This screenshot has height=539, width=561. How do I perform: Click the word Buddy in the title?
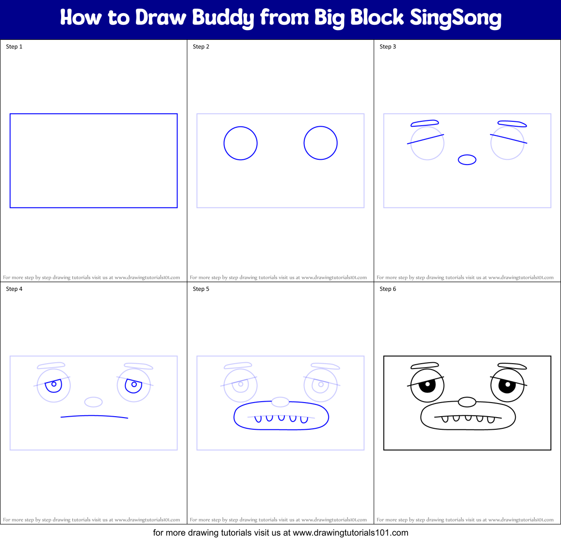(x=223, y=18)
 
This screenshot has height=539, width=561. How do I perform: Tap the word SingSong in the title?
(x=455, y=18)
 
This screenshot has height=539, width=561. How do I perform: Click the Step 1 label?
(x=14, y=47)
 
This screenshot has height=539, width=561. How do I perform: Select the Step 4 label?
(x=14, y=289)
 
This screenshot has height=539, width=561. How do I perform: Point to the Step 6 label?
(x=388, y=289)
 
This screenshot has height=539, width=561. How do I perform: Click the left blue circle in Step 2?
(x=240, y=143)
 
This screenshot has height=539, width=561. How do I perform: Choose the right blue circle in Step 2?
(x=320, y=143)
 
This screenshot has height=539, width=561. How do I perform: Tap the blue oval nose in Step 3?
(x=467, y=160)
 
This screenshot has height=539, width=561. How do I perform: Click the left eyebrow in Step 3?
(x=425, y=123)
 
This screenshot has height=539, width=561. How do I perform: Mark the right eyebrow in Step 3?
(x=512, y=124)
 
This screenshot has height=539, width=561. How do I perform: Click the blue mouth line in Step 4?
(x=94, y=416)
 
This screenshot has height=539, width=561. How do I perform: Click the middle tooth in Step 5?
(x=281, y=418)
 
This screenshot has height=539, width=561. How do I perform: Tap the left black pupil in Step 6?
(x=428, y=386)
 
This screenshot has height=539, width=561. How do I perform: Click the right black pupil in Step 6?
(x=508, y=387)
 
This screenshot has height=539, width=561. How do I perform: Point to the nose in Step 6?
(x=467, y=402)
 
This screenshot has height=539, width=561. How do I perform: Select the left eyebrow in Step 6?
(x=425, y=366)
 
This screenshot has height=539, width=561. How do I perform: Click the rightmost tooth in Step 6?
(x=491, y=419)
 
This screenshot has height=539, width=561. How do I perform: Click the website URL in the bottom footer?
(x=350, y=533)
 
